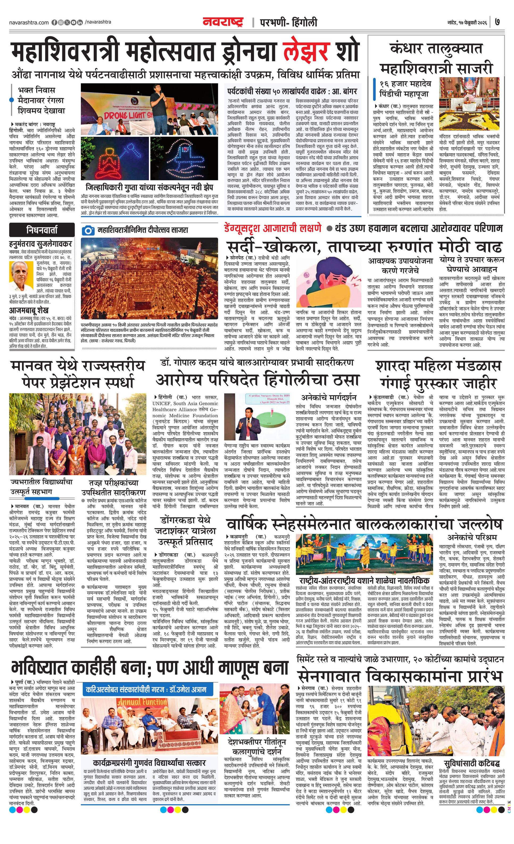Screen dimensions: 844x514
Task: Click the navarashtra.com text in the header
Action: point(29,23)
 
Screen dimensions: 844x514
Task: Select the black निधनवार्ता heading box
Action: point(42,230)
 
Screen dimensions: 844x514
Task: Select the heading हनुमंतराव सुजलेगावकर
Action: point(40,244)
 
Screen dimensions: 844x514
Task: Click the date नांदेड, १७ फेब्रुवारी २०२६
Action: point(468,23)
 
